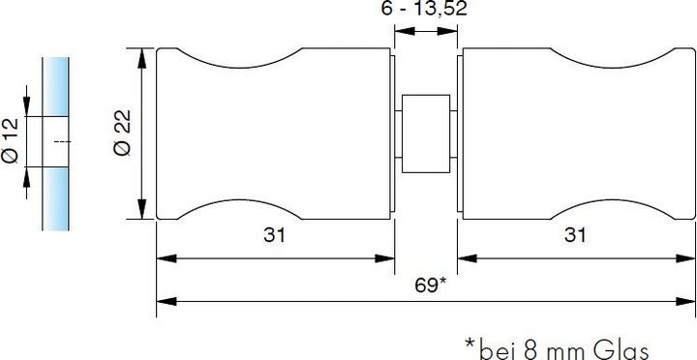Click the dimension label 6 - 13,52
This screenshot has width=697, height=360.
click(424, 10)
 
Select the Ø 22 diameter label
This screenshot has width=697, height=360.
click(123, 133)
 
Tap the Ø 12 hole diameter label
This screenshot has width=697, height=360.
click(10, 141)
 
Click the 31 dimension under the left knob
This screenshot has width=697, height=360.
click(274, 235)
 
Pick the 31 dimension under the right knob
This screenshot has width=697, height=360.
click(575, 235)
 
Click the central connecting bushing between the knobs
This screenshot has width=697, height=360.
click(426, 134)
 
